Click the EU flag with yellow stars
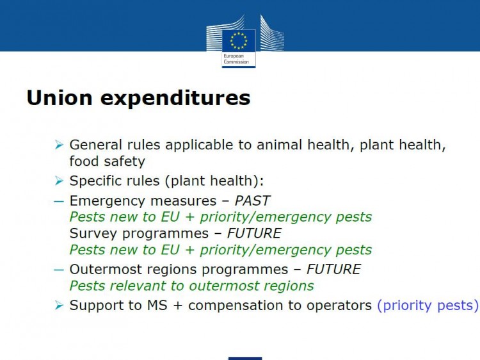click(239, 41)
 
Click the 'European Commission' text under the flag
click(236, 59)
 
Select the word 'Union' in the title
click(60, 98)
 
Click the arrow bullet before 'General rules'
click(59, 145)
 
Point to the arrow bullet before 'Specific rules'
click(59, 181)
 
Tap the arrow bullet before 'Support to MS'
click(59, 306)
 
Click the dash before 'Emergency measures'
click(59, 202)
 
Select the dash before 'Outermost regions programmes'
click(59, 270)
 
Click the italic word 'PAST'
click(252, 201)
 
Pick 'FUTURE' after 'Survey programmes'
click(254, 233)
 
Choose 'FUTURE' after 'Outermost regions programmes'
click(333, 270)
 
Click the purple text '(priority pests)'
click(428, 306)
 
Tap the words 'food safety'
click(107, 161)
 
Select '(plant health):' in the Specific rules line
click(214, 181)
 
